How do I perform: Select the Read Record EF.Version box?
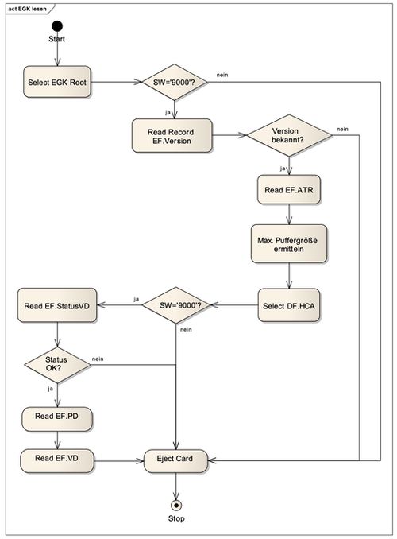[171, 136]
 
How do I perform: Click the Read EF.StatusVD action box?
[56, 305]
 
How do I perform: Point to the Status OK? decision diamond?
[56, 364]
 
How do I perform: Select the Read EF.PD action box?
[56, 417]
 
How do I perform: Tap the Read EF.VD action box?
[56, 459]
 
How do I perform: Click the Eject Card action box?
[175, 459]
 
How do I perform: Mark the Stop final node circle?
[175, 504]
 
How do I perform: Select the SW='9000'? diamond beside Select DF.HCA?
[175, 305]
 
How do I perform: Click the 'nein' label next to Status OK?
[98, 359]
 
